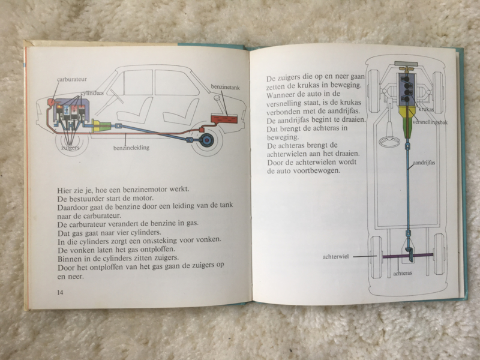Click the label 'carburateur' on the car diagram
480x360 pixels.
72,79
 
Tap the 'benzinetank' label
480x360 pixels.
226,88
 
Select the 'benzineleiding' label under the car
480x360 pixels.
131,148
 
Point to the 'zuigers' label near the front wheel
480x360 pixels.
70,148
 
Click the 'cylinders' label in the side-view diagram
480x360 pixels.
92,93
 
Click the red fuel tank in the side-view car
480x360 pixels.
224,119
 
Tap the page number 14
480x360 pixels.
60,292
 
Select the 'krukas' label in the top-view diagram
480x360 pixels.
426,109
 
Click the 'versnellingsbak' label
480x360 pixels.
430,122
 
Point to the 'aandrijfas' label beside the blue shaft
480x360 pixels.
424,163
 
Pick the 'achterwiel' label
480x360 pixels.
335,257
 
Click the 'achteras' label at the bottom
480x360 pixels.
403,274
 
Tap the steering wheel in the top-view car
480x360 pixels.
389,141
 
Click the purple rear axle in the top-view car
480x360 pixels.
408,256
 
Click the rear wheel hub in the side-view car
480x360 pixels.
206,141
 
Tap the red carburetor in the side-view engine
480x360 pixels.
51,102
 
